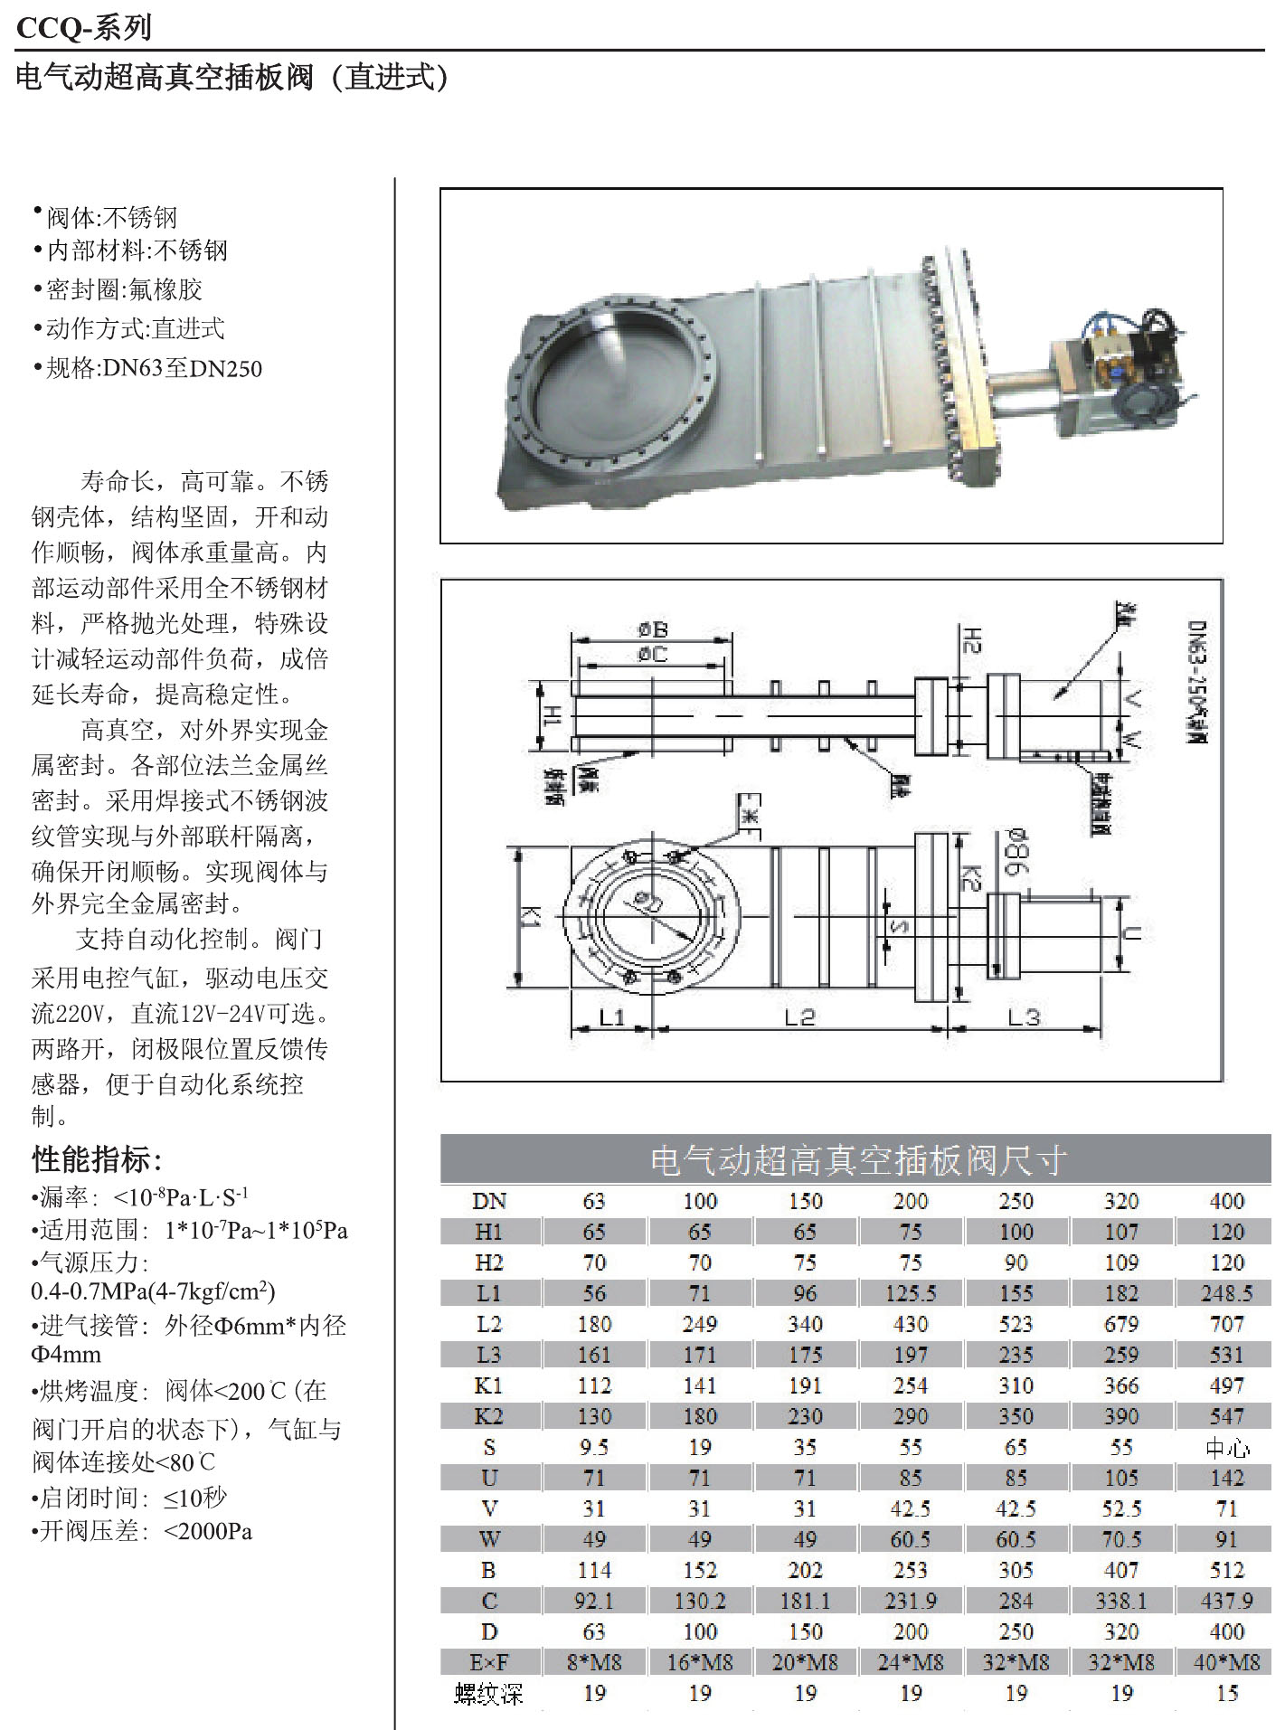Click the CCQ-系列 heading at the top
coord(84,29)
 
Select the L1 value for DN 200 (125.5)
coord(910,1293)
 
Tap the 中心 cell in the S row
coord(1226,1447)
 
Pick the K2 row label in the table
coord(489,1416)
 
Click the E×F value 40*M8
coord(1226,1662)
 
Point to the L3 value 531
coord(1226,1355)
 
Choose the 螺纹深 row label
coord(489,1693)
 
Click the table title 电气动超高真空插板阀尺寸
coord(857,1160)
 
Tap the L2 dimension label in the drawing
coord(799,1017)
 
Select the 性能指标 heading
coord(97,1158)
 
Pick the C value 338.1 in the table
coord(1120,1601)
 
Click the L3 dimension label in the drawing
coord(1024,1017)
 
